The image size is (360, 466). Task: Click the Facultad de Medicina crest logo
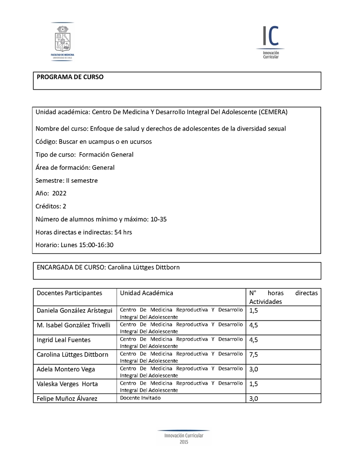[63, 41]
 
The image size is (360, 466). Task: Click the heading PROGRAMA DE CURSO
[70, 77]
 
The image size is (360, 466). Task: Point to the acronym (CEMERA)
[274, 111]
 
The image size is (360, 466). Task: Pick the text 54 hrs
[123, 232]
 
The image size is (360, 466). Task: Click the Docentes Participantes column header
[69, 293]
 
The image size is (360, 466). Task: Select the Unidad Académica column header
[146, 293]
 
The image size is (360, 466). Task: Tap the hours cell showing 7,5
[253, 355]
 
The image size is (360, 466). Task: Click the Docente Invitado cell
[140, 398]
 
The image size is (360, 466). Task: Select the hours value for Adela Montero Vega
[253, 369]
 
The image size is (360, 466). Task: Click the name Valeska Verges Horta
[67, 384]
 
